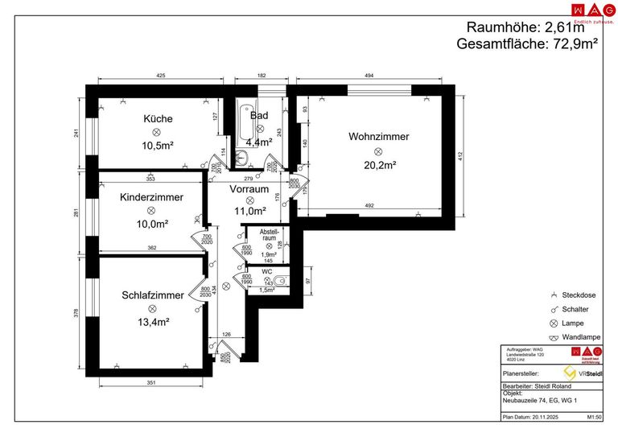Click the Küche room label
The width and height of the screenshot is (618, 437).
tap(158, 119)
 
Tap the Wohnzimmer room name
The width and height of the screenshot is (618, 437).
tap(378, 137)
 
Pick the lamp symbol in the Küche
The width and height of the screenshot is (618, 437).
tap(158, 132)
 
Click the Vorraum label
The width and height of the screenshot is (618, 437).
tap(249, 189)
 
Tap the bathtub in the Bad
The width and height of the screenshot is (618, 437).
tap(242, 123)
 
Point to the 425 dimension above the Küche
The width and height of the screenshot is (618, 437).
tap(160, 75)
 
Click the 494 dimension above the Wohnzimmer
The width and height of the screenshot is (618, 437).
tap(369, 75)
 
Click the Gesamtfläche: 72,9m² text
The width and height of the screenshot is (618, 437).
tap(527, 45)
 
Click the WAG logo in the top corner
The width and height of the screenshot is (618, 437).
tap(587, 11)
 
